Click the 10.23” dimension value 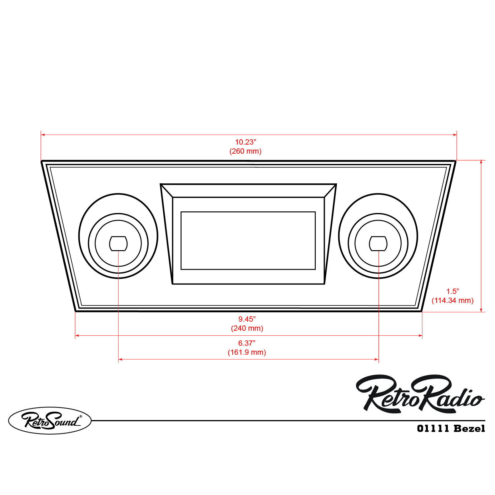pyautogui.click(x=245, y=142)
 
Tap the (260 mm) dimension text pyautogui.click(x=245, y=151)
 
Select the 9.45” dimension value pyautogui.click(x=247, y=319)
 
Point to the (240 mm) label pyautogui.click(x=247, y=328)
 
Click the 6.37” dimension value pyautogui.click(x=247, y=343)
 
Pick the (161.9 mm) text pyautogui.click(x=247, y=352)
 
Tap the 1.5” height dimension pyautogui.click(x=453, y=291)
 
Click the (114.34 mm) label pyautogui.click(x=453, y=300)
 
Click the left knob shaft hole pyautogui.click(x=118, y=244)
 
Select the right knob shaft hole pyautogui.click(x=378, y=244)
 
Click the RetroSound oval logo pyautogui.click(x=50, y=420)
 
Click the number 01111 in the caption pyautogui.click(x=433, y=428)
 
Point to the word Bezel pyautogui.click(x=469, y=428)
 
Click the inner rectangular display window pyautogui.click(x=248, y=240)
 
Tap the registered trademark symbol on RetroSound pyautogui.click(x=81, y=416)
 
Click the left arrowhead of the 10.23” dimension pyautogui.click(x=43, y=135)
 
